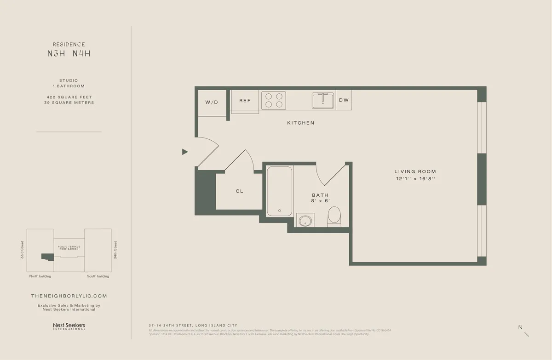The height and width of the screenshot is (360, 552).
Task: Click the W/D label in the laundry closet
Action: click(212, 102)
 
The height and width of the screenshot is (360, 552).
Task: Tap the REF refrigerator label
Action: click(245, 100)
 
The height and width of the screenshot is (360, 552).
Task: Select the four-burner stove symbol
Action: click(274, 101)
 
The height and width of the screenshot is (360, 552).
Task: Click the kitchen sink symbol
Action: click(323, 100)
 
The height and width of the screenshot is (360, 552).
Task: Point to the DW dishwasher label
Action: click(344, 100)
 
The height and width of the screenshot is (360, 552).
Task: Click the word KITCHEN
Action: click(301, 123)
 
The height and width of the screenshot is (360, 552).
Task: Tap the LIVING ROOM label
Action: click(415, 171)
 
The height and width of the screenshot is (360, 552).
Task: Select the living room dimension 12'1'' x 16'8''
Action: click(415, 178)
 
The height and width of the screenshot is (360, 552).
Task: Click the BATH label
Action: click(320, 195)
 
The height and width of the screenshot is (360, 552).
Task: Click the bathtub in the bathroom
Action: click(280, 191)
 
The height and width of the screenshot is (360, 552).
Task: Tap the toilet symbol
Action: click(334, 216)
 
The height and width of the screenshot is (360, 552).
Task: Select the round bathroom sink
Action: click(305, 220)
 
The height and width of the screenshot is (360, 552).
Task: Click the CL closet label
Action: click(239, 191)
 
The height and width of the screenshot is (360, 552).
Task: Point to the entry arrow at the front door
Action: click(185, 152)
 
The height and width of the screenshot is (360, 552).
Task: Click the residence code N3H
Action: click(57, 53)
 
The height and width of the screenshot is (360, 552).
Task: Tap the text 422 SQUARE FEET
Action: click(69, 97)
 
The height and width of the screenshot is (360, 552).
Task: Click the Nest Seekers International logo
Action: click(69, 326)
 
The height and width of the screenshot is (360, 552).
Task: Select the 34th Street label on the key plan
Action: click(115, 250)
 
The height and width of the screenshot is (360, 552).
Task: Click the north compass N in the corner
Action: click(520, 327)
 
